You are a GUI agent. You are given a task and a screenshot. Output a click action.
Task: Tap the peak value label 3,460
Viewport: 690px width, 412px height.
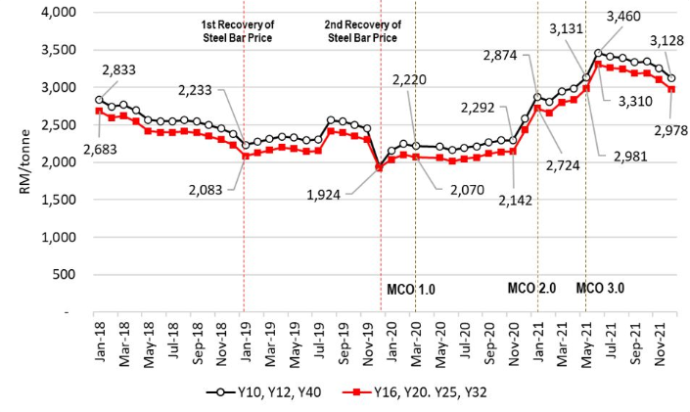[x=626, y=17]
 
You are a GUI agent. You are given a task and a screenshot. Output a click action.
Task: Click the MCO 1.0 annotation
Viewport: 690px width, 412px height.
[x=410, y=289]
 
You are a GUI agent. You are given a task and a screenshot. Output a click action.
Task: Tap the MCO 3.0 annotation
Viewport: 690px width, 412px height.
[x=601, y=289]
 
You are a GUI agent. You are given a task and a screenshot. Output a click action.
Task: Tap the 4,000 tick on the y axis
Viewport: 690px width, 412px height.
[x=63, y=13]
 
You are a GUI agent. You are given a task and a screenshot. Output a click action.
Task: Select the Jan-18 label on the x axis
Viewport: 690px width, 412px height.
[x=101, y=343]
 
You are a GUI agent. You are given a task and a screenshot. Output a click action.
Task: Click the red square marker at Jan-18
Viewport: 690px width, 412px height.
[x=100, y=111]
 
